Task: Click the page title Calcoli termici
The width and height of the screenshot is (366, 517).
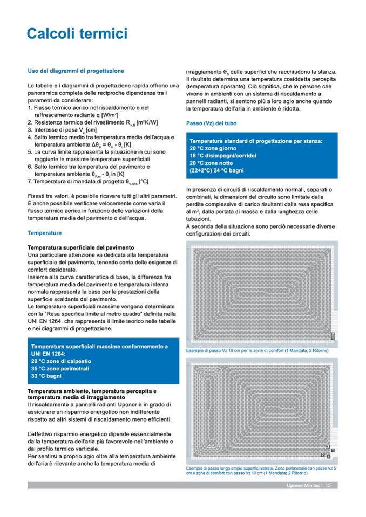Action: pyautogui.click(x=77, y=35)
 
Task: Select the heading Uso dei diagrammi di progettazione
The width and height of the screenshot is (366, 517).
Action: pyautogui.click(x=76, y=71)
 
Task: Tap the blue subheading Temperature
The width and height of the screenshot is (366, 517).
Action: pyautogui.click(x=45, y=233)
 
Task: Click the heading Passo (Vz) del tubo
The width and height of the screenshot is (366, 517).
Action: pyautogui.click(x=211, y=123)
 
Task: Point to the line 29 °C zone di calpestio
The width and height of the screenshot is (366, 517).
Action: pyautogui.click(x=61, y=361)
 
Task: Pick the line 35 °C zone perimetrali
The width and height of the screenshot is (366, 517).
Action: pyautogui.click(x=60, y=368)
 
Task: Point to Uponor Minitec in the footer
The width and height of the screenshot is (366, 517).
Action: pyautogui.click(x=303, y=486)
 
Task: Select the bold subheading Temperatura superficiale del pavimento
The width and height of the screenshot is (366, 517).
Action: pyautogui.click(x=80, y=247)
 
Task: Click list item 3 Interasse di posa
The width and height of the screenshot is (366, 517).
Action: pyautogui.click(x=65, y=130)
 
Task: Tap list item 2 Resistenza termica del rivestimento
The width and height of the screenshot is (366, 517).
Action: pyautogui.click(x=95, y=122)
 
